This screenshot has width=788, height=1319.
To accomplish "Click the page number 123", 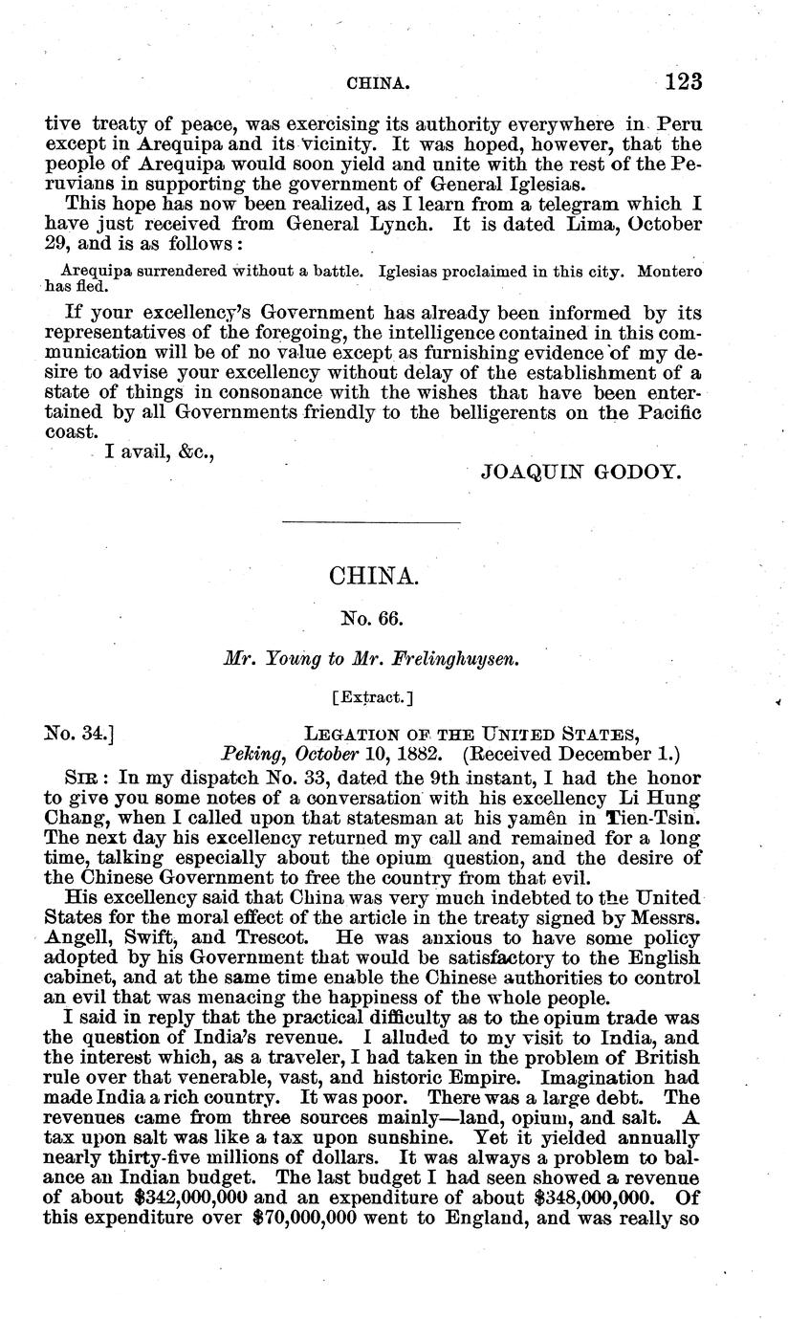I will pos(683,82).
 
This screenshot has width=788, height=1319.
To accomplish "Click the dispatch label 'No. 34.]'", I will pos(80,734).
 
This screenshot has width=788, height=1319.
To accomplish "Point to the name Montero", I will pos(668,271).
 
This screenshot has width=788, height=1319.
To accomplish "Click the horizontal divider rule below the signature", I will pos(372,522).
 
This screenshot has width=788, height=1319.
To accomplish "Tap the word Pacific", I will pos(666,412).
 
